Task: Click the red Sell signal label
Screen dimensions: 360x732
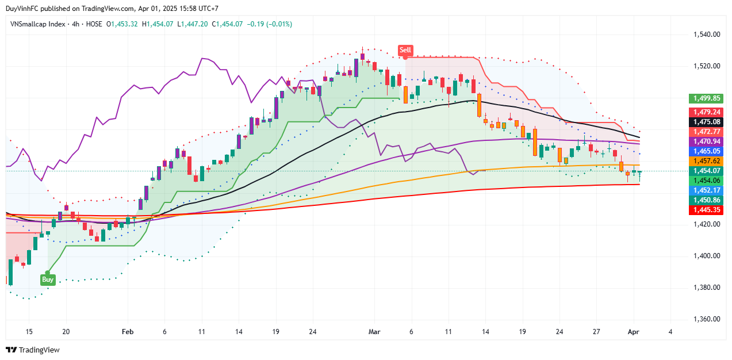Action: click(405, 50)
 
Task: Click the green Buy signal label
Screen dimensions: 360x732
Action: click(48, 279)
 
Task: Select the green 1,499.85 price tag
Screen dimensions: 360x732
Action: click(706, 98)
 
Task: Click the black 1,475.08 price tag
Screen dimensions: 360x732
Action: click(706, 122)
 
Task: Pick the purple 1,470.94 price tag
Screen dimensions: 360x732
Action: click(706, 141)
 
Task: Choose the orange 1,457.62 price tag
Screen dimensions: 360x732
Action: click(706, 161)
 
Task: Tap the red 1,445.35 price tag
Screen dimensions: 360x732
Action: click(706, 210)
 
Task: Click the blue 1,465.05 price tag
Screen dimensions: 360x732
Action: click(706, 151)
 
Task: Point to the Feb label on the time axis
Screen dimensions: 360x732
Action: click(128, 332)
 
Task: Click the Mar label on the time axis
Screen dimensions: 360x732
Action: click(374, 332)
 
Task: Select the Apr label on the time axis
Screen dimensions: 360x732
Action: click(633, 332)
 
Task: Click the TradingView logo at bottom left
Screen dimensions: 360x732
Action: click(33, 350)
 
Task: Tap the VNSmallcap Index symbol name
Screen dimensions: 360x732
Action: click(36, 24)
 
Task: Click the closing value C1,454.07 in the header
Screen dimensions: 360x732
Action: click(228, 24)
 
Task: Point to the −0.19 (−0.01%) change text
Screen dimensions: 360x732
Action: click(270, 24)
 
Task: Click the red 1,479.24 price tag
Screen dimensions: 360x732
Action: click(706, 112)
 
